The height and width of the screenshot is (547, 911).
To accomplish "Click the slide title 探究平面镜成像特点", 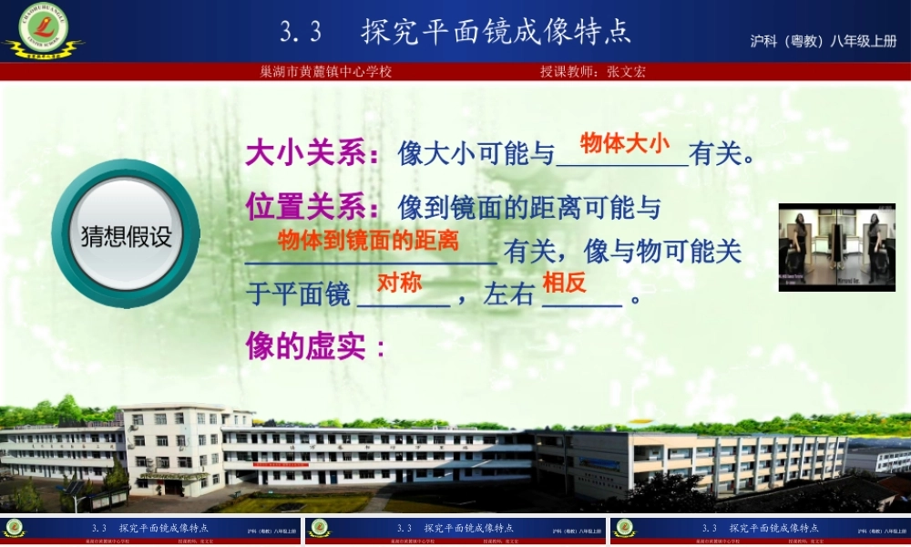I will click(496, 32).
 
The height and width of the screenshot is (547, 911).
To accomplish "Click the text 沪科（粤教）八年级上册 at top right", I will click(824, 41).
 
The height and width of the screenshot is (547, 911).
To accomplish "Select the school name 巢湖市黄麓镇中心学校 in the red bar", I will click(326, 71).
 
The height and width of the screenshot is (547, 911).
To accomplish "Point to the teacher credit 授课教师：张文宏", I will click(592, 71).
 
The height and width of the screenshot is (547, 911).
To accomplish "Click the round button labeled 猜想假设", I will click(126, 235).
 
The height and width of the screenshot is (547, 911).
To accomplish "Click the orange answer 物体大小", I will click(624, 142).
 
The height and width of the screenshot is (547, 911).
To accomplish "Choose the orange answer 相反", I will click(564, 283).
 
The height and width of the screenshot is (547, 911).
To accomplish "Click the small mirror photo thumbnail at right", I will click(836, 247).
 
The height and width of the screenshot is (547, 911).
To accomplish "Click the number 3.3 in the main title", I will click(301, 33).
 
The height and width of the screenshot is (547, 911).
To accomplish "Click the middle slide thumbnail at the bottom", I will click(455, 532).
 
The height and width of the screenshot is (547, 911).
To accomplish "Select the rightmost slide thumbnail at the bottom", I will click(760, 532).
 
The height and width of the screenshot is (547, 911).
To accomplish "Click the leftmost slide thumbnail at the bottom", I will click(150, 532).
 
